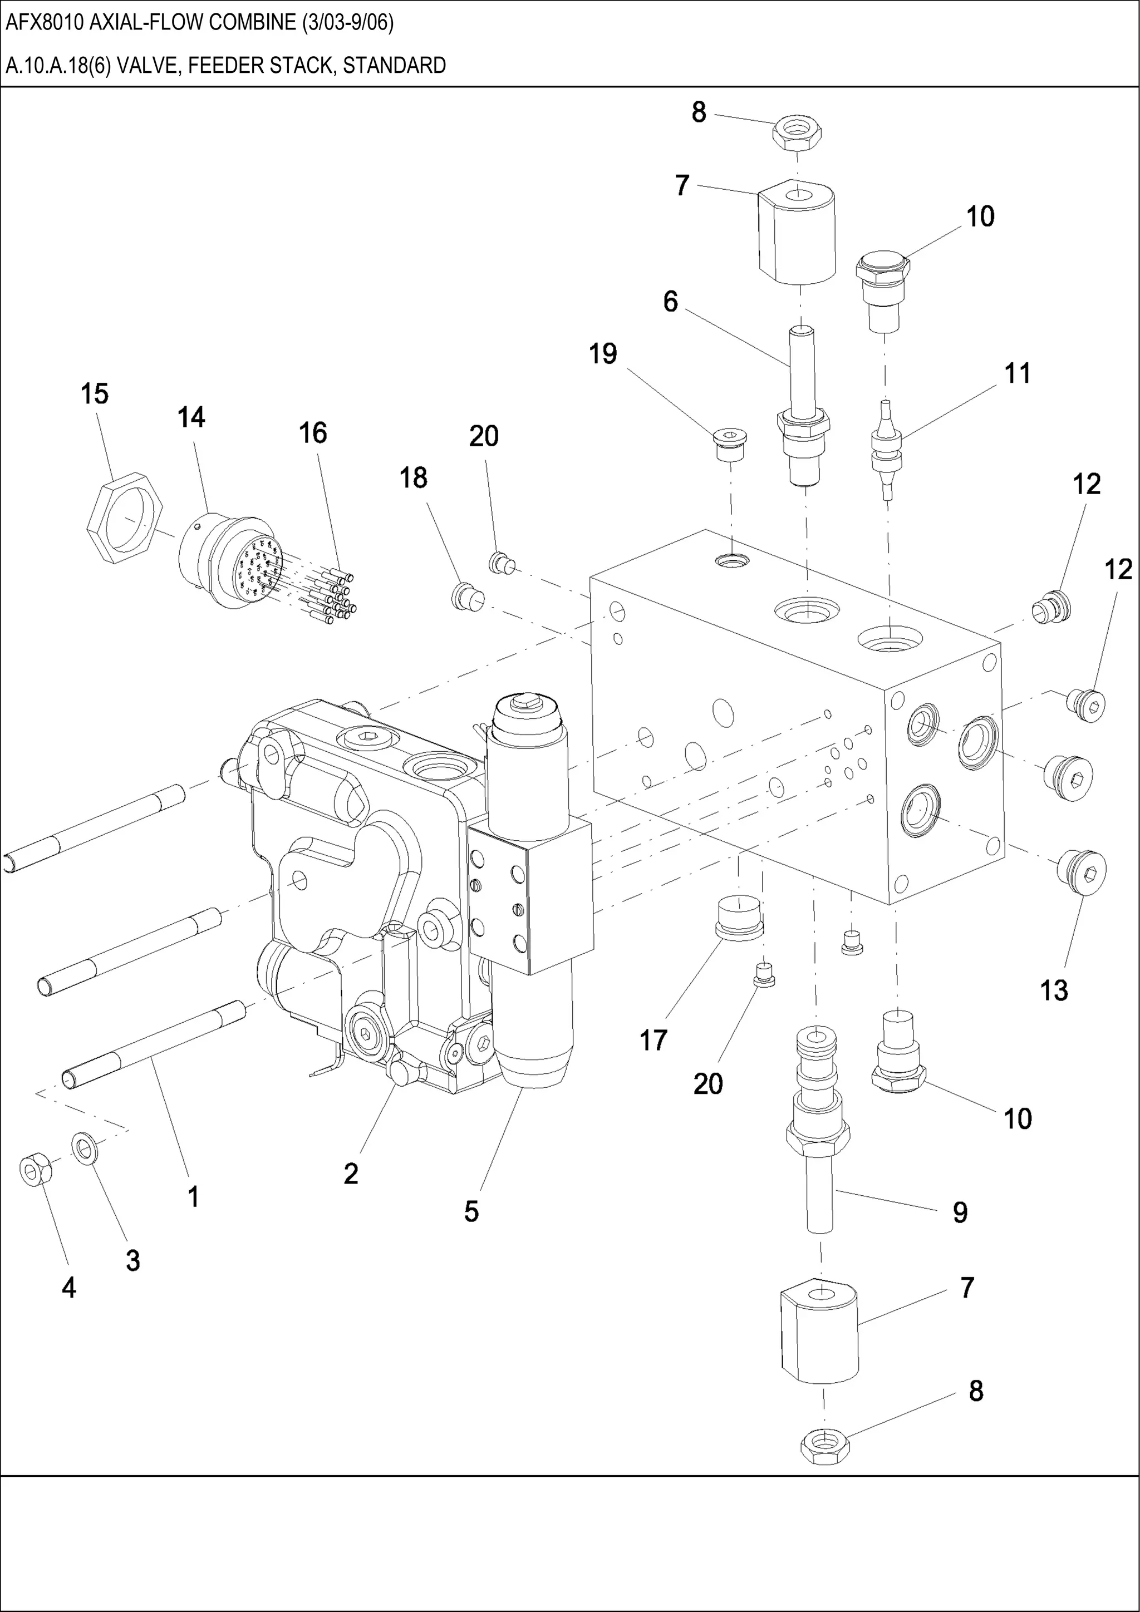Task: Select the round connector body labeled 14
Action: (225, 561)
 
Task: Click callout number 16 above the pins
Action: (313, 433)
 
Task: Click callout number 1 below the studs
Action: (193, 1196)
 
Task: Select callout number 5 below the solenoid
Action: (471, 1211)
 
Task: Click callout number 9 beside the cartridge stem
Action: (960, 1212)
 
